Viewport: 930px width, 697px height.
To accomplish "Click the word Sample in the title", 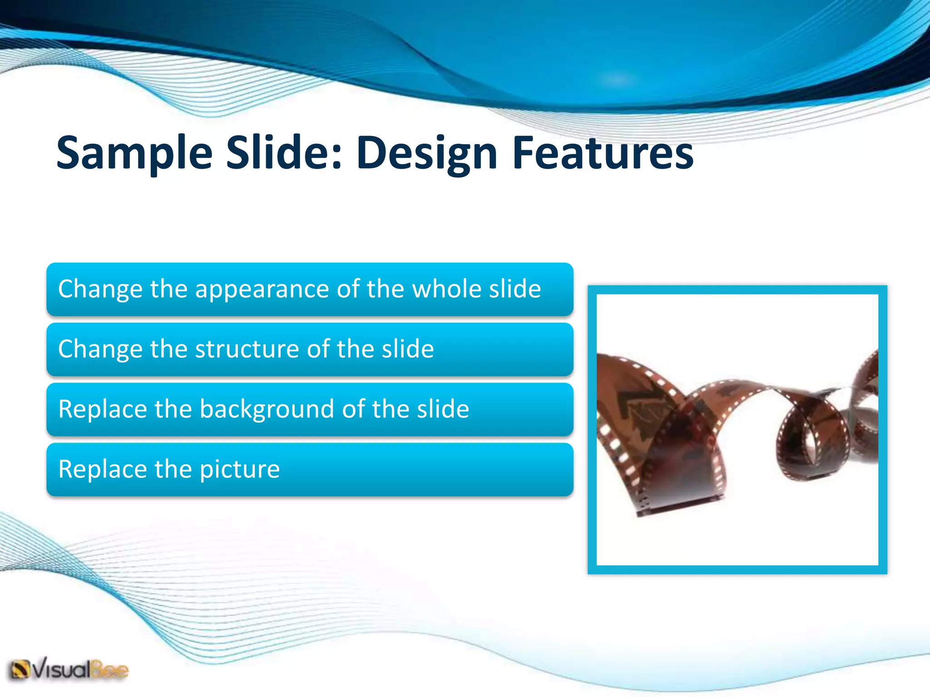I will coord(134,153).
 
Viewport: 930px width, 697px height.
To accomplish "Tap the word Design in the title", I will coord(427,153).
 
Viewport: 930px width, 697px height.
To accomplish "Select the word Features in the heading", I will coord(603,153).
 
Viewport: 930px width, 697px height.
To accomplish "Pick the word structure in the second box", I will coord(247,349).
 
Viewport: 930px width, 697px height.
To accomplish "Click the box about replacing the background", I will coord(310,409).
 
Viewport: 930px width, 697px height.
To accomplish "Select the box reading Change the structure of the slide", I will coord(310,349).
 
